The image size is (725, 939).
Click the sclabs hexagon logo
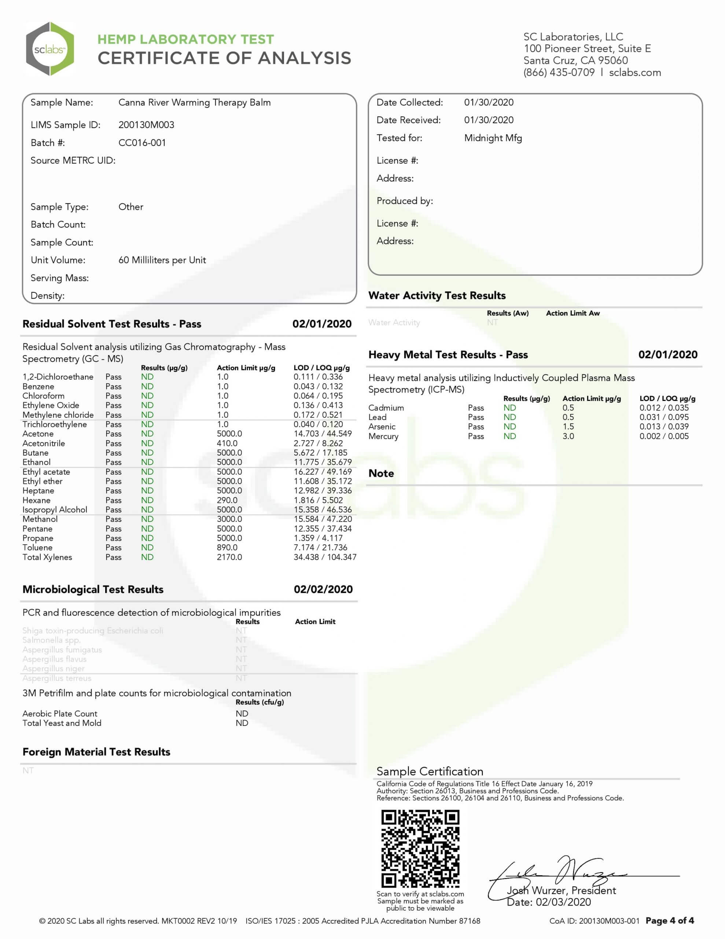[50, 49]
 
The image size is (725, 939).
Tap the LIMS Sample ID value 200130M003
[146, 125]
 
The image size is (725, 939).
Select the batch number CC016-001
[142, 143]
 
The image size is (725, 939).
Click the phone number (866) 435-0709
[559, 73]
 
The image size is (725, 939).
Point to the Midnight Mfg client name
[493, 138]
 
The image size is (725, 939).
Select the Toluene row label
[37, 547]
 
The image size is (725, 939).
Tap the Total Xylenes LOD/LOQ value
[324, 557]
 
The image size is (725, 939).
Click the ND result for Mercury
[510, 436]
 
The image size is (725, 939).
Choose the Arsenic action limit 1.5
[568, 427]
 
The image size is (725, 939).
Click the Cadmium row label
[386, 408]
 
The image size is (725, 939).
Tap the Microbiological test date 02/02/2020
[323, 589]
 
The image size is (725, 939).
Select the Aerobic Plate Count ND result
[242, 714]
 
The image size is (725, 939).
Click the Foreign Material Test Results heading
[96, 752]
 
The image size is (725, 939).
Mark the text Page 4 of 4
[670, 921]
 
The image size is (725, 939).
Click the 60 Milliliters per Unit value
[162, 260]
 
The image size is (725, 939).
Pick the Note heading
[381, 474]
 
